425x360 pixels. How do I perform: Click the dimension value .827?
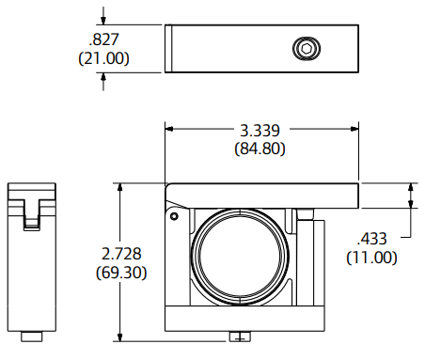[105, 39]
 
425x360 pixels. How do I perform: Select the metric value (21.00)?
[105, 58]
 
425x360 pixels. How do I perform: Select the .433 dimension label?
[371, 238]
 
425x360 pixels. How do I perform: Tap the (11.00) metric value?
[371, 257]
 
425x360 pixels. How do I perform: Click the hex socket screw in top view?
[305, 48]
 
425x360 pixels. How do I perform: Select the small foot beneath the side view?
[33, 335]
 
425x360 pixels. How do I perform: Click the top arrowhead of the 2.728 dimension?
[119, 186]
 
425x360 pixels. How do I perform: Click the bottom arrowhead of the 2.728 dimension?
[119, 337]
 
